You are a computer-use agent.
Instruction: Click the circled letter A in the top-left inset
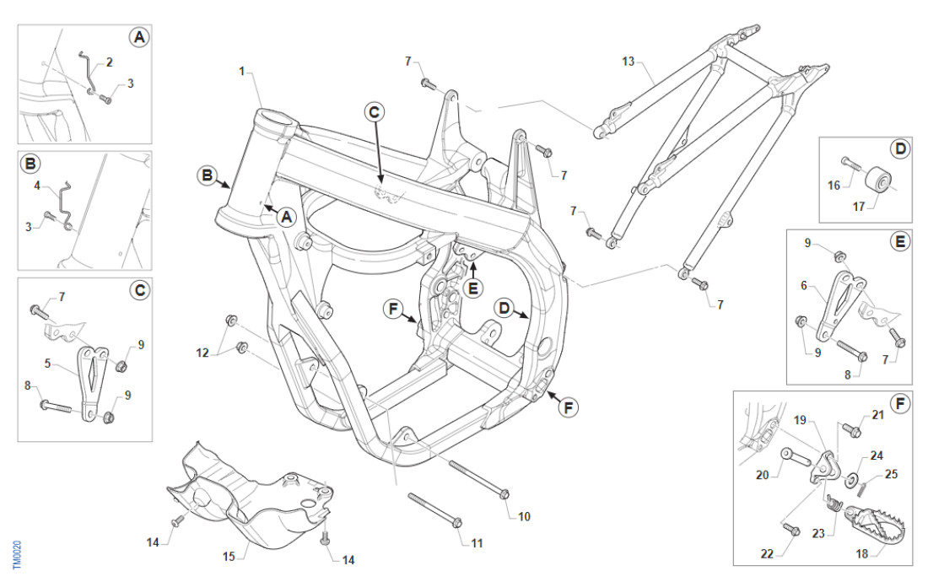click(137, 37)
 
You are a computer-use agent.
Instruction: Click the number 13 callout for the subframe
click(628, 61)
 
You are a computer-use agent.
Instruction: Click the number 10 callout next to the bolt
click(524, 515)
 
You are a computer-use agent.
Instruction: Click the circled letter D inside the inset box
click(900, 149)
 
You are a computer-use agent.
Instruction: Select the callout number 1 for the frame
click(242, 72)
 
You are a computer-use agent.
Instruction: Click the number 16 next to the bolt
click(834, 185)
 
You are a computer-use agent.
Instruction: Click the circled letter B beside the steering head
click(207, 175)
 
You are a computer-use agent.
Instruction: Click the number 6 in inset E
click(804, 286)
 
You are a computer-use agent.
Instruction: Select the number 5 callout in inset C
click(48, 364)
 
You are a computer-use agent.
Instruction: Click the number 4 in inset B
click(38, 184)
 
